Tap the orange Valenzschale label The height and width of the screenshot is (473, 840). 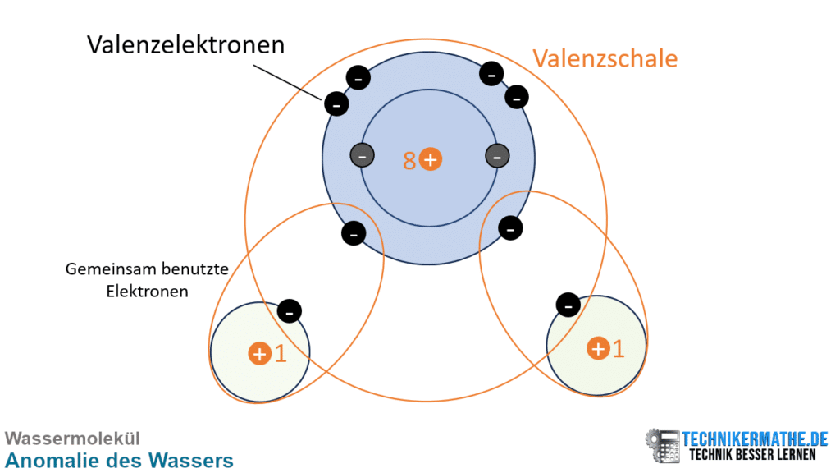[x=605, y=58]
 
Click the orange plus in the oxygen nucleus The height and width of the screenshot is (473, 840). [x=431, y=159]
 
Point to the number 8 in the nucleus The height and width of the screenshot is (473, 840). [x=409, y=160]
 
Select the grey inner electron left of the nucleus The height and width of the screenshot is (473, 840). [x=362, y=155]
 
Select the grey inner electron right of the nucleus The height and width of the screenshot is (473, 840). [x=496, y=155]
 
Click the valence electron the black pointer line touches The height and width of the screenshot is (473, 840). [x=336, y=103]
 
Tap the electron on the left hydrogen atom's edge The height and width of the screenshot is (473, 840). [x=290, y=310]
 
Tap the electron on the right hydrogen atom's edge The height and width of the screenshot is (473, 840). [x=567, y=305]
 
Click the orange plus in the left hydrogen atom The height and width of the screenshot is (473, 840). [x=259, y=354]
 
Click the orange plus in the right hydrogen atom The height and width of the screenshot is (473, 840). [x=598, y=348]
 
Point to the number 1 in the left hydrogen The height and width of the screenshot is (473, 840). [x=281, y=354]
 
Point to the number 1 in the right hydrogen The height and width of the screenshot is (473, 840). [x=618, y=348]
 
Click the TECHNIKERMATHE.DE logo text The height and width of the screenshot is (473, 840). [x=756, y=439]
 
